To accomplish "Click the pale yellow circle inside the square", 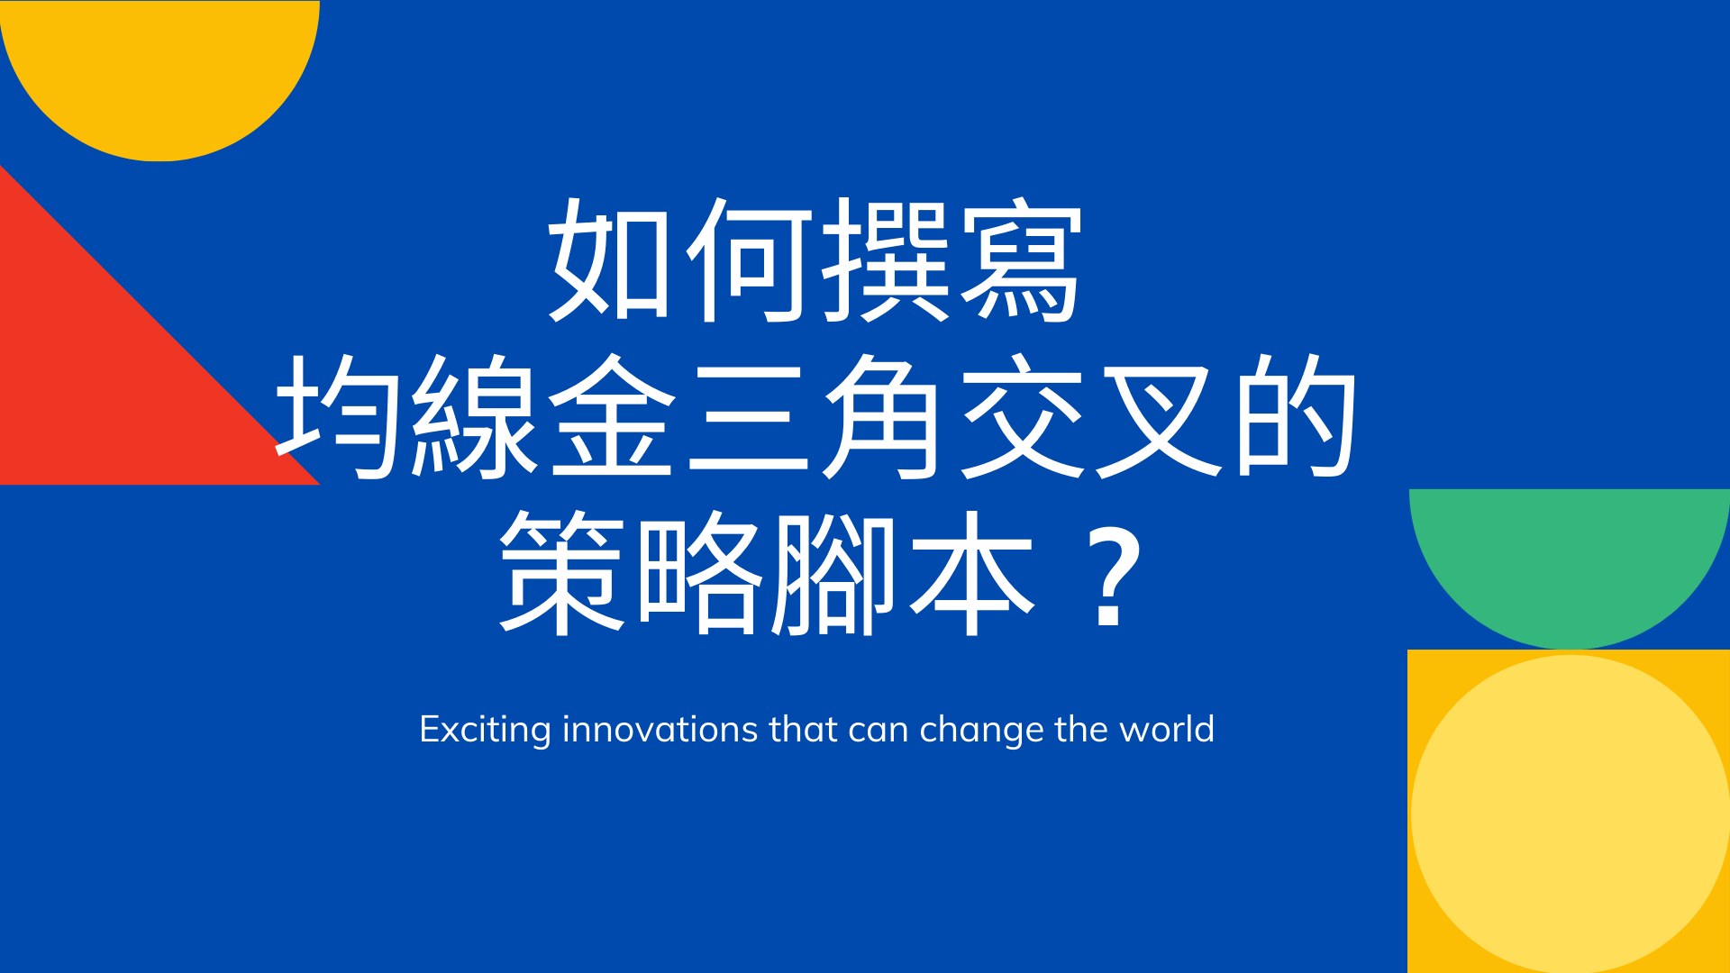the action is [1571, 814].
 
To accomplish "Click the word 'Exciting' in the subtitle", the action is [485, 730].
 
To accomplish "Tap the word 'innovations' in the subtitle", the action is [660, 729].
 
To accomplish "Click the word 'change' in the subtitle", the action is [981, 731].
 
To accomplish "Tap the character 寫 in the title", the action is [1020, 259].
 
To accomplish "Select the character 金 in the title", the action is [613, 415].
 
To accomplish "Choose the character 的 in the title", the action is [1295, 415].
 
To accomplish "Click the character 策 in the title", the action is [562, 572].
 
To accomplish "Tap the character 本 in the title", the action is [972, 572].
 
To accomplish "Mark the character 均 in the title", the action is [339, 415].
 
